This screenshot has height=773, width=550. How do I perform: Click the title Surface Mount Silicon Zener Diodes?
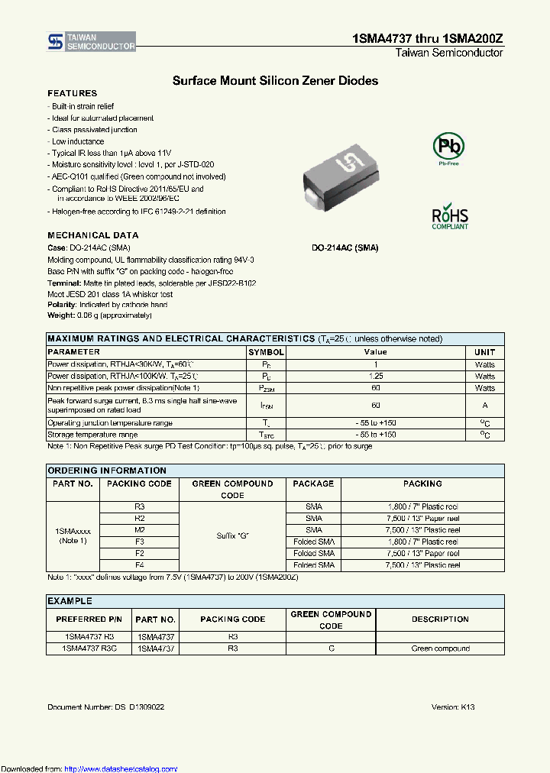pyautogui.click(x=275, y=80)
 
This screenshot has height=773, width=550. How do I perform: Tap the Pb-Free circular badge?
pyautogui.click(x=448, y=147)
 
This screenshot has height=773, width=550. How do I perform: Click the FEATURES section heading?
pyautogui.click(x=73, y=93)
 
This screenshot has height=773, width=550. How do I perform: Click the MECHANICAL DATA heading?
pyautogui.click(x=93, y=235)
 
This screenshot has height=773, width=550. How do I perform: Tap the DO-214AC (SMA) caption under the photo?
pyautogui.click(x=345, y=248)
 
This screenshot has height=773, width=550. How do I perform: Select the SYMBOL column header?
pyautogui.click(x=266, y=352)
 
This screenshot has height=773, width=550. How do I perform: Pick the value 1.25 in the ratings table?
pyautogui.click(x=375, y=377)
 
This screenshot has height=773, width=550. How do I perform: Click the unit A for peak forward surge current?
pyautogui.click(x=484, y=406)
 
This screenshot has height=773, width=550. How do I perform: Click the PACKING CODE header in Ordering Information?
pyautogui.click(x=139, y=484)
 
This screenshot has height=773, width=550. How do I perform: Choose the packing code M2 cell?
pyautogui.click(x=139, y=530)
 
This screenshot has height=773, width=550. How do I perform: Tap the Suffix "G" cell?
pyautogui.click(x=232, y=536)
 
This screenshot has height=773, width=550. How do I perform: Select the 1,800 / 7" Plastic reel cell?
pyautogui.click(x=422, y=507)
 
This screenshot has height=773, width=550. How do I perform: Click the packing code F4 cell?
pyautogui.click(x=139, y=565)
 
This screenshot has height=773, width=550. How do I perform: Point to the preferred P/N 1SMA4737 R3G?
pyautogui.click(x=89, y=648)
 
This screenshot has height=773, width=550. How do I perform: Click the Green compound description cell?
pyautogui.click(x=440, y=648)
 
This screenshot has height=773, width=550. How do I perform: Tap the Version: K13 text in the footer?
pyautogui.click(x=453, y=707)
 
